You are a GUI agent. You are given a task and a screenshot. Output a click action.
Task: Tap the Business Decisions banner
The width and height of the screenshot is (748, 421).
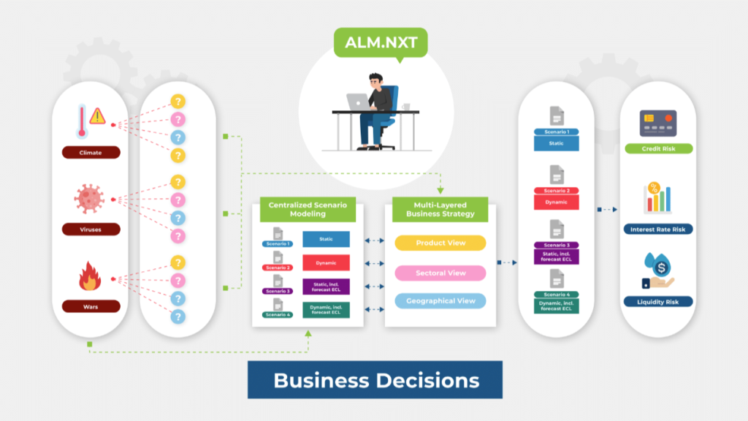[375, 380]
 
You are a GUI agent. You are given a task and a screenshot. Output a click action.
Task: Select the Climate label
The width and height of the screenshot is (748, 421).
[91, 153]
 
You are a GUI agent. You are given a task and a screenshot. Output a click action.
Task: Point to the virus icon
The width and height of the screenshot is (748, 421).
[90, 198]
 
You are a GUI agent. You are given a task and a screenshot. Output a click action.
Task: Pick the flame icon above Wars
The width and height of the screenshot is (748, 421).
[90, 277]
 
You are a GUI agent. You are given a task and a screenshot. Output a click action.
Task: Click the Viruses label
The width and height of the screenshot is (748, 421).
[91, 230]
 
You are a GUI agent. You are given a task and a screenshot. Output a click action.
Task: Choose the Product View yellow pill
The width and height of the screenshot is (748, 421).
[440, 243]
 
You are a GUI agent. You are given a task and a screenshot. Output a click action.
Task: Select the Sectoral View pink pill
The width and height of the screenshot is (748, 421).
[440, 273]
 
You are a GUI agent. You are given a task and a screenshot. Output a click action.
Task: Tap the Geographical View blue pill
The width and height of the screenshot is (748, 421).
[440, 300]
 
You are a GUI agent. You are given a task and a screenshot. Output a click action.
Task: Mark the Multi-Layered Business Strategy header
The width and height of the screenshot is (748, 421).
[440, 210]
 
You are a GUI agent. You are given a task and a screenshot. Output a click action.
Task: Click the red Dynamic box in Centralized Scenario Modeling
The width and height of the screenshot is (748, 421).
[326, 262]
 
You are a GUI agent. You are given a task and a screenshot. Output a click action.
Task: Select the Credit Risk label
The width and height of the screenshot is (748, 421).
[658, 148]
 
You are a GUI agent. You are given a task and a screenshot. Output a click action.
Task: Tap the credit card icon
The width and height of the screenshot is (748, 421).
[657, 122]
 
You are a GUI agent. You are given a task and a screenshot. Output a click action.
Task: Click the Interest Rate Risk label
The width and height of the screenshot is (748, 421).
[658, 229]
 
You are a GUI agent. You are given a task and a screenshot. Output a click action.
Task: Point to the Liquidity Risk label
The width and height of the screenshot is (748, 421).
[658, 301]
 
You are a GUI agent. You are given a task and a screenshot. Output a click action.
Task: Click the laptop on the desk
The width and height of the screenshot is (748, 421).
[359, 102]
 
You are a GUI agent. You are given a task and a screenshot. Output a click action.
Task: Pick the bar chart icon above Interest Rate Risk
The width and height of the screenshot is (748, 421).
[657, 197]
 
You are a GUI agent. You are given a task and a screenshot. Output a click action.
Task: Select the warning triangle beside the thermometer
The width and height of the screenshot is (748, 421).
[97, 115]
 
